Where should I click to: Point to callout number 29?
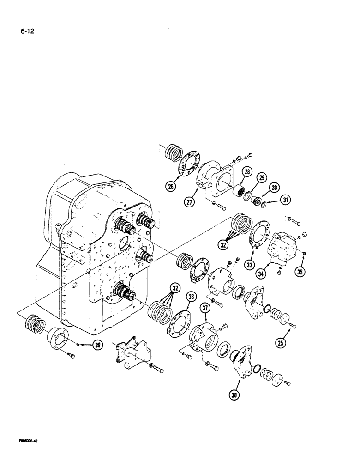click(263, 178)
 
